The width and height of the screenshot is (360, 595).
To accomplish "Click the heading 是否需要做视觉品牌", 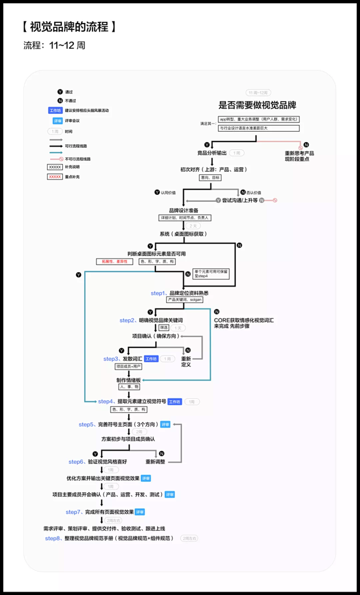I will click(x=257, y=106).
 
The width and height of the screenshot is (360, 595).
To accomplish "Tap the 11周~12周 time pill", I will click(x=258, y=93).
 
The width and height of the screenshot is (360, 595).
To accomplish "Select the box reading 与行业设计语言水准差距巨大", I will click(x=258, y=128).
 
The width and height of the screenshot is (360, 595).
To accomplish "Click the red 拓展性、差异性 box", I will click(x=114, y=262).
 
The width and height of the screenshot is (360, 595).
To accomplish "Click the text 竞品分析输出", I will click(x=212, y=153).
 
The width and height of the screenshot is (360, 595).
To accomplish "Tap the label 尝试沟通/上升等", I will click(x=240, y=201).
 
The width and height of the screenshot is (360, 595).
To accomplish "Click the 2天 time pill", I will click(x=192, y=226).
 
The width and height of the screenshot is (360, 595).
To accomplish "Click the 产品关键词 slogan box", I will click(x=184, y=300).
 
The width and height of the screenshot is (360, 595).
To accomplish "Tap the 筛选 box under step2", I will click(x=164, y=328).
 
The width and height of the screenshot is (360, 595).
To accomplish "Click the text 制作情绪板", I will click(x=129, y=380).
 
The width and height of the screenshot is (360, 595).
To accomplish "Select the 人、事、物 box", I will click(x=129, y=387).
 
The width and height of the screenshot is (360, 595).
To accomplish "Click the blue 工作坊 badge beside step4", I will click(x=175, y=401).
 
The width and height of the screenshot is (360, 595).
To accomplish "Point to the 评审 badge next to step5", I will click(x=165, y=424).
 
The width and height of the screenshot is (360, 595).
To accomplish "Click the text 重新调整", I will click(x=155, y=462).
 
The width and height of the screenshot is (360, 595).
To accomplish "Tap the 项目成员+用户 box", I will click(x=129, y=366).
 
